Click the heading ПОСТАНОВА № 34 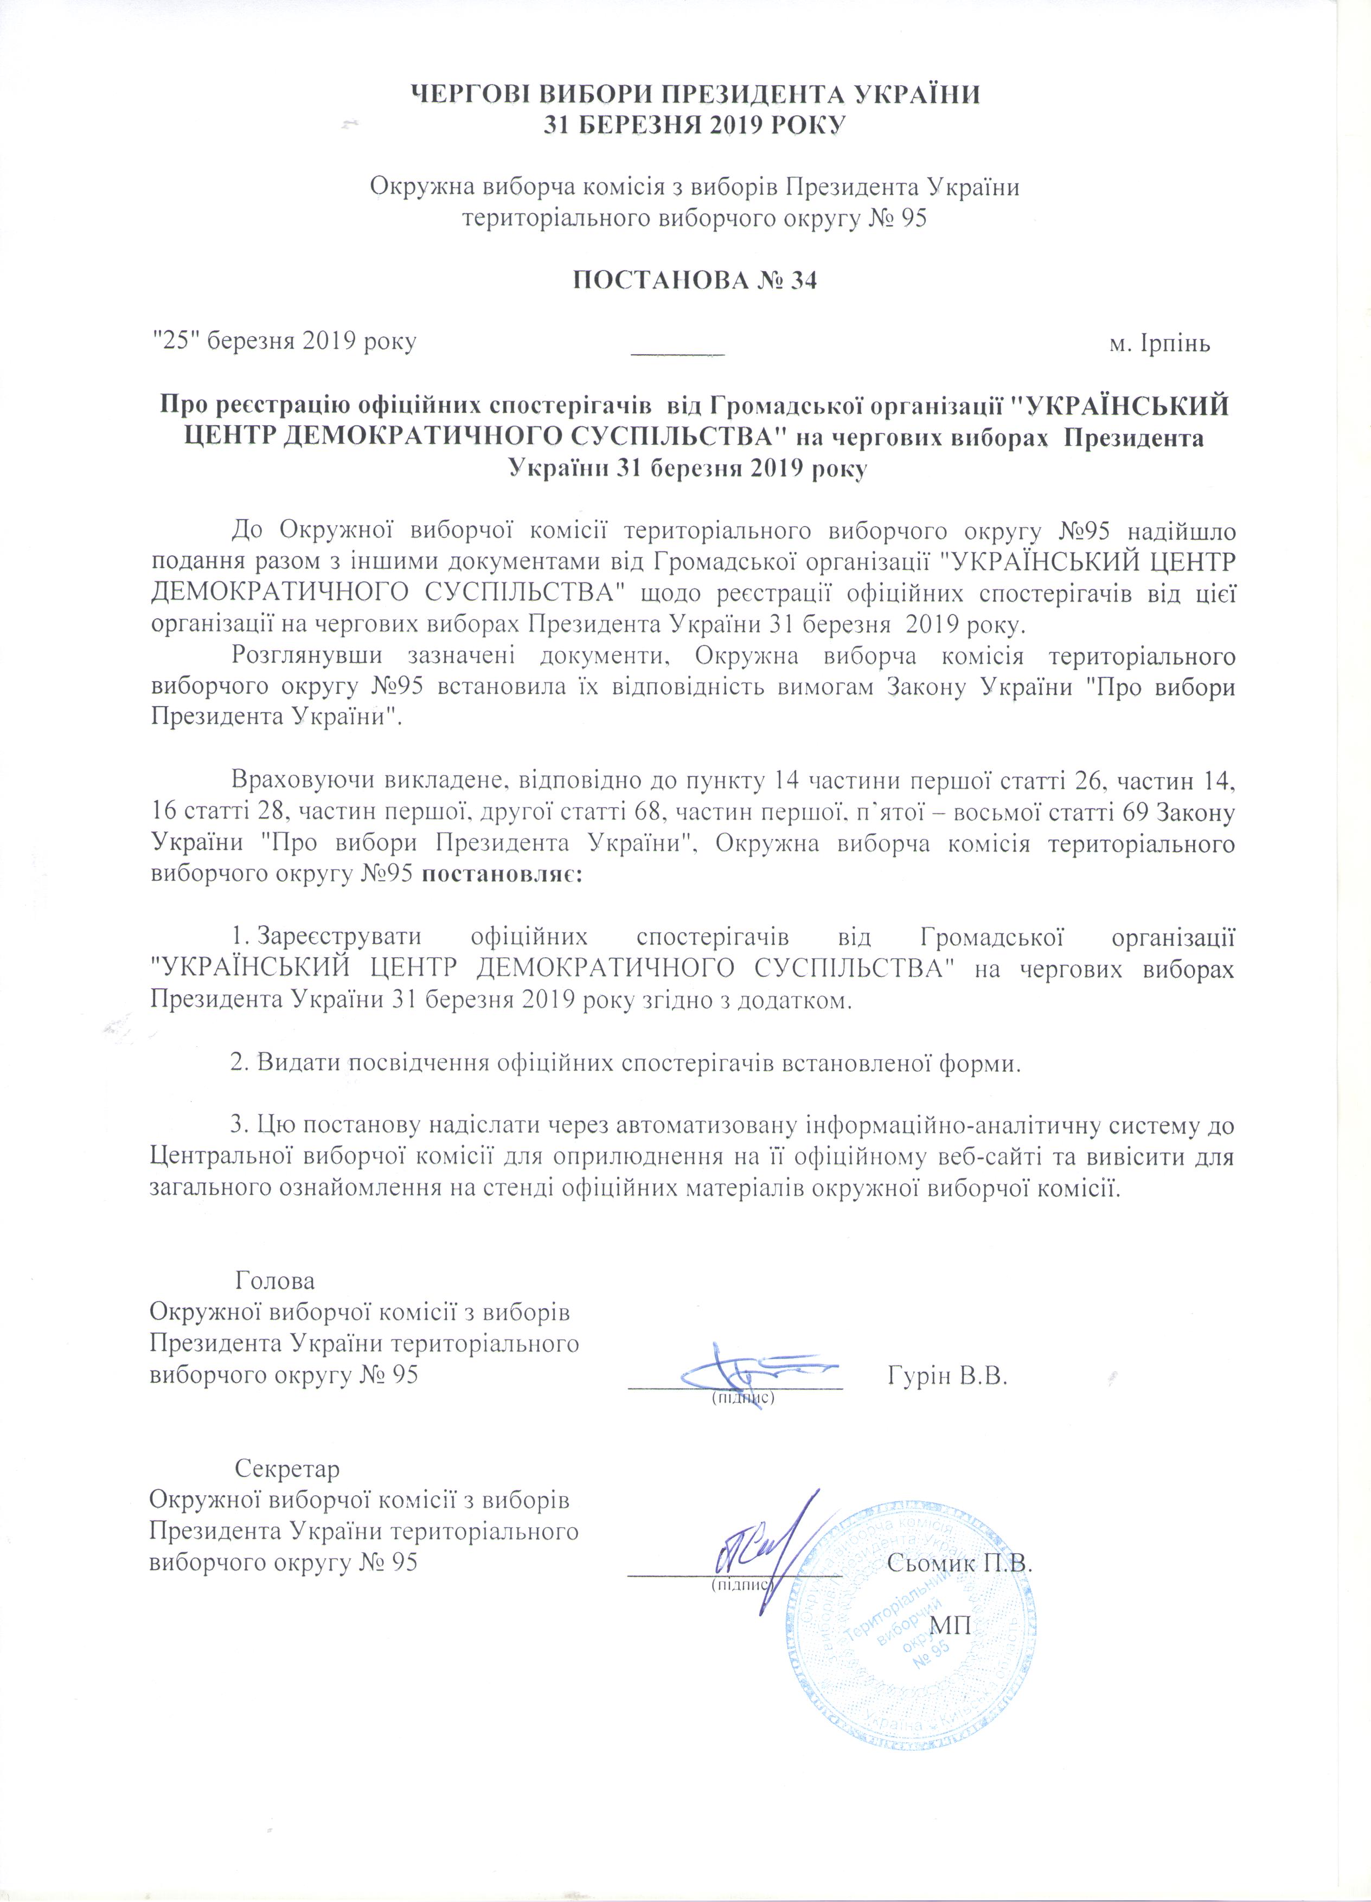pos(694,281)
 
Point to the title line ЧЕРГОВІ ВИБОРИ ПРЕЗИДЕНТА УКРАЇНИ pos(694,93)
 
